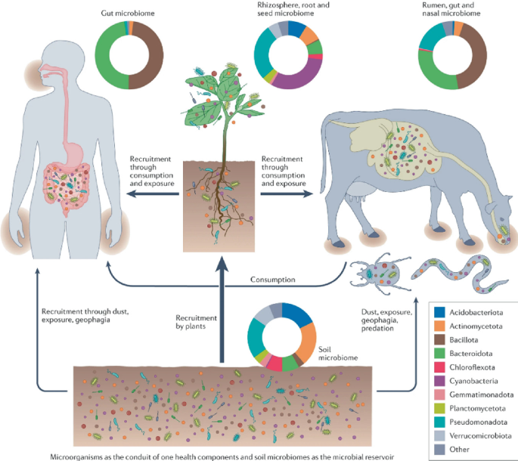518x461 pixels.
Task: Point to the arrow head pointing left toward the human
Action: [130, 193]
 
